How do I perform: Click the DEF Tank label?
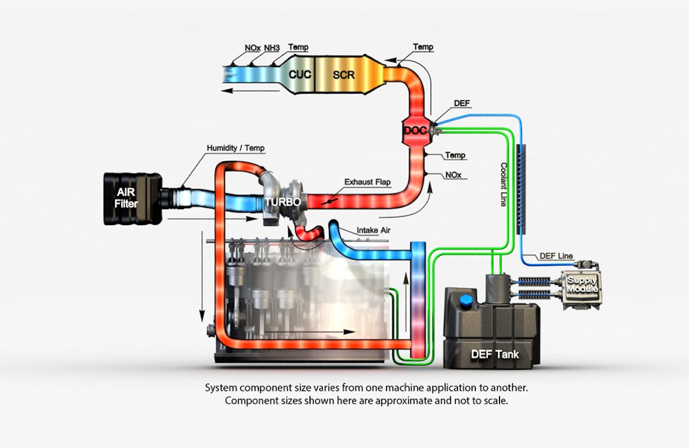coord(494,354)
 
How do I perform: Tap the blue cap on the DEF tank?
coord(466,301)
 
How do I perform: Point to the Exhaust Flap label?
coord(367,182)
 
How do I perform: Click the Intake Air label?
coord(374,230)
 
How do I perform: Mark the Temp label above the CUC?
coord(297,47)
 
